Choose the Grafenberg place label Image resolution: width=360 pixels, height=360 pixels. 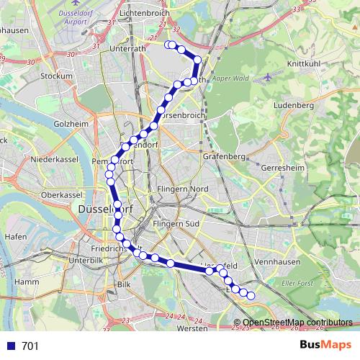point(225,155)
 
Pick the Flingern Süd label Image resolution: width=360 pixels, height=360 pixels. point(180,223)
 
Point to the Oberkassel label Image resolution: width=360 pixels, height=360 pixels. point(62,194)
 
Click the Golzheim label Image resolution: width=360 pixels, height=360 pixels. point(70,124)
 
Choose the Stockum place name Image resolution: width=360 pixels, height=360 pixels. point(57,75)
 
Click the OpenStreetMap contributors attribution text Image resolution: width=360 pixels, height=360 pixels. point(297,323)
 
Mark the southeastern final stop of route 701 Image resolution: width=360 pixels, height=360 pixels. point(251,295)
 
